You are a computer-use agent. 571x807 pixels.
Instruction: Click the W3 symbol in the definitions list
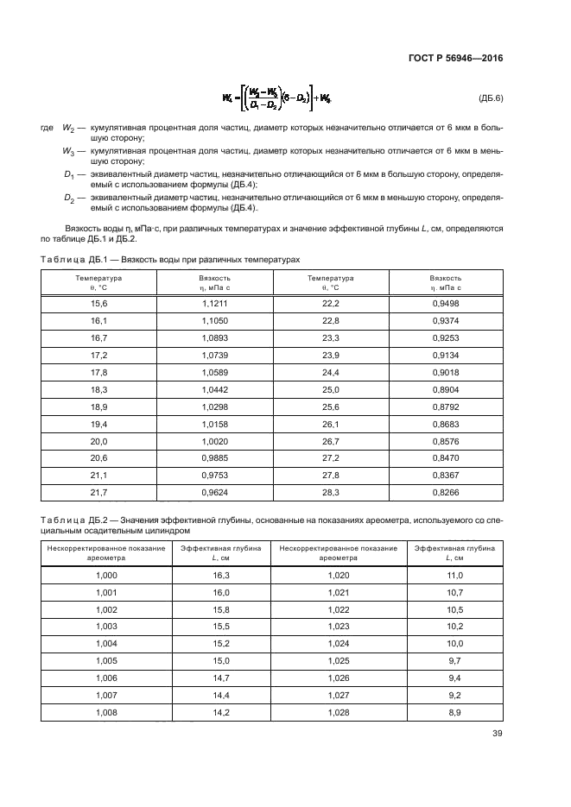(67, 150)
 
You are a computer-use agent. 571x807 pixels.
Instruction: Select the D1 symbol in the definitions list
(68, 174)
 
